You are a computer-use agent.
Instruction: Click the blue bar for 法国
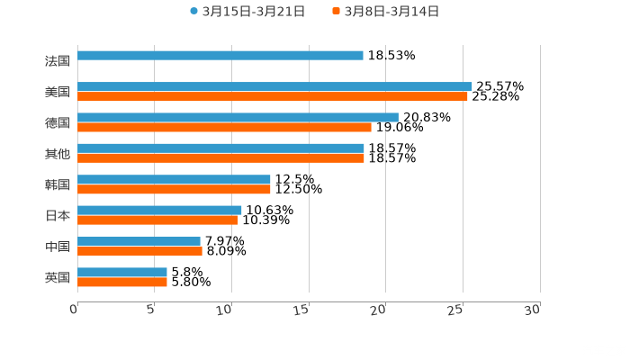(x=220, y=55)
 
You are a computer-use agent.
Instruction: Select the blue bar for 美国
(x=274, y=86)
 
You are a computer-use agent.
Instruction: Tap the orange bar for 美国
(x=273, y=96)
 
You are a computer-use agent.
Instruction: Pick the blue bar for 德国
(x=238, y=117)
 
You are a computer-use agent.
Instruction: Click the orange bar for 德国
(x=224, y=127)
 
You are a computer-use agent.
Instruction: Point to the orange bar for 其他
(x=220, y=157)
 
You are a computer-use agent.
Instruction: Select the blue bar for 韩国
(x=174, y=179)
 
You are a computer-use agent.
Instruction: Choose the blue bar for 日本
(x=159, y=210)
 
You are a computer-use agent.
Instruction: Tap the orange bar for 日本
(x=157, y=220)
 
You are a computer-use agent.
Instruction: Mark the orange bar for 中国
(x=139, y=251)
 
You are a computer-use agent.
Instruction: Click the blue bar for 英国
(x=122, y=272)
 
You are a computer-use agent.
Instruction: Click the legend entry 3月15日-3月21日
(x=247, y=12)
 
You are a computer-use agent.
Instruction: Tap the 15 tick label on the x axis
(x=302, y=310)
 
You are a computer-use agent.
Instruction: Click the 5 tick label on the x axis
(x=151, y=310)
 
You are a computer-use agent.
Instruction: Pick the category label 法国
(x=57, y=61)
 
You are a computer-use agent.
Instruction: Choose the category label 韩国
(x=57, y=184)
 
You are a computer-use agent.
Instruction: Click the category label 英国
(x=57, y=277)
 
